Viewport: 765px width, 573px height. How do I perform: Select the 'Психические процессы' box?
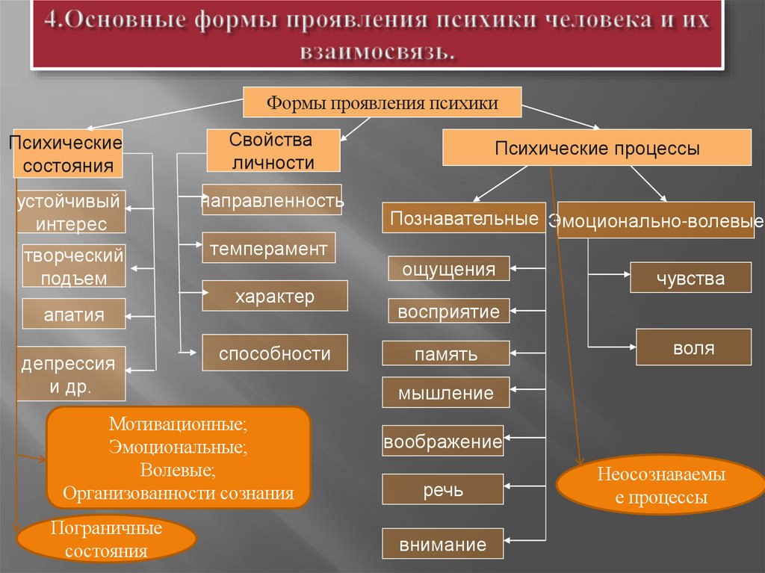coord(597,148)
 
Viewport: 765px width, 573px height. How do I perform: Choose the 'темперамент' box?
coord(268,248)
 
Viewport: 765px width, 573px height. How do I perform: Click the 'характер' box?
coord(274,296)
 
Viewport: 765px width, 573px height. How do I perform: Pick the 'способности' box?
coord(274,353)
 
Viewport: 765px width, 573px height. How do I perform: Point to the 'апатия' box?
coord(74,314)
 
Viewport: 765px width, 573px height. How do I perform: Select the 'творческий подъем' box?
coord(73,267)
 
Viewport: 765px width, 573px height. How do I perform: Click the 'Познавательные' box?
coord(464,218)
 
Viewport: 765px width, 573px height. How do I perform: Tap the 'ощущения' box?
coord(448,269)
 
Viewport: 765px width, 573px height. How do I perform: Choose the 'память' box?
coord(446,353)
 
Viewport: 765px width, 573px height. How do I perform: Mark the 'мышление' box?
coord(446,393)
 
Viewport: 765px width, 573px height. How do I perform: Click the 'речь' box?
coord(442,489)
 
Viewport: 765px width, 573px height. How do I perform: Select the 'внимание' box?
coord(442,544)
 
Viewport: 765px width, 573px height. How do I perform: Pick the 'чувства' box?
coord(690,278)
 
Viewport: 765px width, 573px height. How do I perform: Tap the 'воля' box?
coord(693,347)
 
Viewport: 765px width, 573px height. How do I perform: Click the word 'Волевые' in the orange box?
coord(176,471)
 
